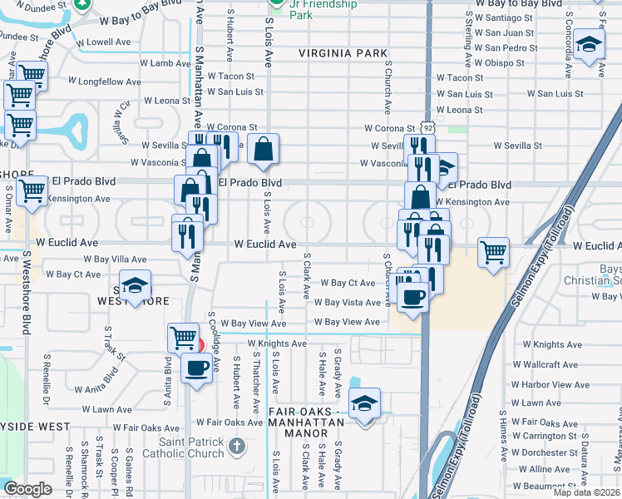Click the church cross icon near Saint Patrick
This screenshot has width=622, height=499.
click(237, 447)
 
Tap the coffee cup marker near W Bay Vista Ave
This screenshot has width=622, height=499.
click(412, 296)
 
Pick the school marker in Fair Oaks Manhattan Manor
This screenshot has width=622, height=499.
click(364, 403)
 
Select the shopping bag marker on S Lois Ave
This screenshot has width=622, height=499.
click(263, 150)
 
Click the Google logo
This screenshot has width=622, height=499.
click(27, 489)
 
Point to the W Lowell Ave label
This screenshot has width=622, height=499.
click(104, 42)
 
